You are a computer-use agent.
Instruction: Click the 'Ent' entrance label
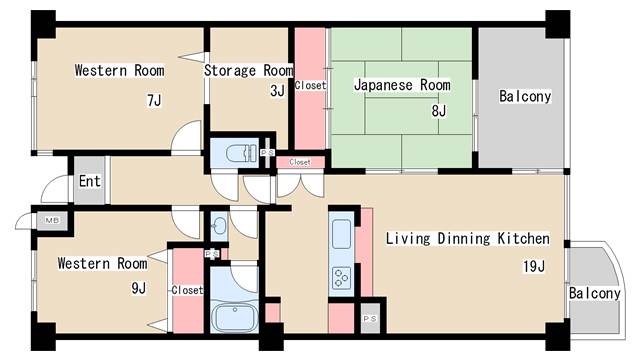pos(89,182)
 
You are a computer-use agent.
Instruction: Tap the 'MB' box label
pos(50,220)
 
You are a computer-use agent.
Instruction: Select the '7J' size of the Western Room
pos(153,100)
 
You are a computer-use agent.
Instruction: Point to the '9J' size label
pos(138,289)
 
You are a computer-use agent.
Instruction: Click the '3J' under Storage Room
pos(276,91)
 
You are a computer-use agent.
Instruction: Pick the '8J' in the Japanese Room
pos(438,110)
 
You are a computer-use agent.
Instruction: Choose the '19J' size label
pos(533,266)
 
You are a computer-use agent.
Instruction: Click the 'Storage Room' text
pos(248,71)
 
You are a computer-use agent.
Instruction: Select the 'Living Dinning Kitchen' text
pos(467,239)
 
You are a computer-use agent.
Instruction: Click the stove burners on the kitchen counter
pos(341,277)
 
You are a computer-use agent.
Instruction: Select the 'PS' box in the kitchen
pos(369,317)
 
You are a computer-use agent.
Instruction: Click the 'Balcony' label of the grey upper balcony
pos(525,97)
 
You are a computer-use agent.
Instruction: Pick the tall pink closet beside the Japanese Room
pos(310,85)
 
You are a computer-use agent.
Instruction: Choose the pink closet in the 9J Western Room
pos(186,291)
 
